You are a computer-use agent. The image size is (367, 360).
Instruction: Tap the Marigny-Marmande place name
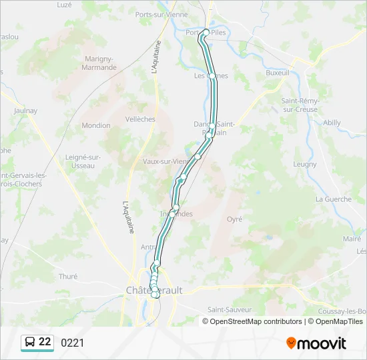[100, 63]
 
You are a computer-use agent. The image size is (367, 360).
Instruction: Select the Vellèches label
[140, 119]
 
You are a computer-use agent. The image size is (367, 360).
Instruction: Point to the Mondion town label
[96, 125]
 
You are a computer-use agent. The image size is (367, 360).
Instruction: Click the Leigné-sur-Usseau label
[83, 161]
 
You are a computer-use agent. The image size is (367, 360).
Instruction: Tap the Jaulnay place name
[25, 111]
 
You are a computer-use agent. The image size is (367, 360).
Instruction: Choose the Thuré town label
[68, 276]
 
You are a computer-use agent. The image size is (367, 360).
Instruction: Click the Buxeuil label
[278, 73]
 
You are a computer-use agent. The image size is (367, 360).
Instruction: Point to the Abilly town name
[332, 123]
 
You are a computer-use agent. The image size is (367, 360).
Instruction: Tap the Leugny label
[305, 164]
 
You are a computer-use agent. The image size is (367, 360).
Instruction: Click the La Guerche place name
[333, 199]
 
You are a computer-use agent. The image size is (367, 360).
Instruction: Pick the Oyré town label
[234, 219]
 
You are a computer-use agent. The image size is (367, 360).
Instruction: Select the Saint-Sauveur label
[229, 309]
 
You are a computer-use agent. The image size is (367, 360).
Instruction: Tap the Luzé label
[64, 5]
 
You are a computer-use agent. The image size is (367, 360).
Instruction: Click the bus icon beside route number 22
[30, 343]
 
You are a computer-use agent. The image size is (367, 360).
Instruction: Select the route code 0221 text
[73, 343]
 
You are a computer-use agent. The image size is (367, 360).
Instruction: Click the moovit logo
[316, 343]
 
